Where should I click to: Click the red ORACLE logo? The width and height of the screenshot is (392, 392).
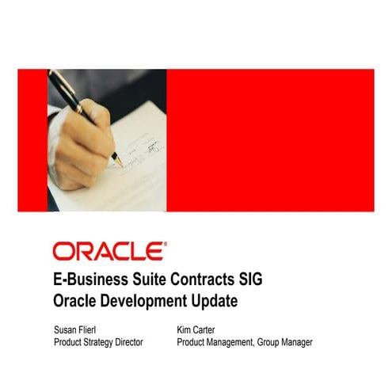tap(109, 251)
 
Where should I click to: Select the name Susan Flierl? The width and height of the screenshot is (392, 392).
tap(78, 329)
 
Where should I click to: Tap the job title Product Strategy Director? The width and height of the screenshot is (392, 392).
tap(98, 342)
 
